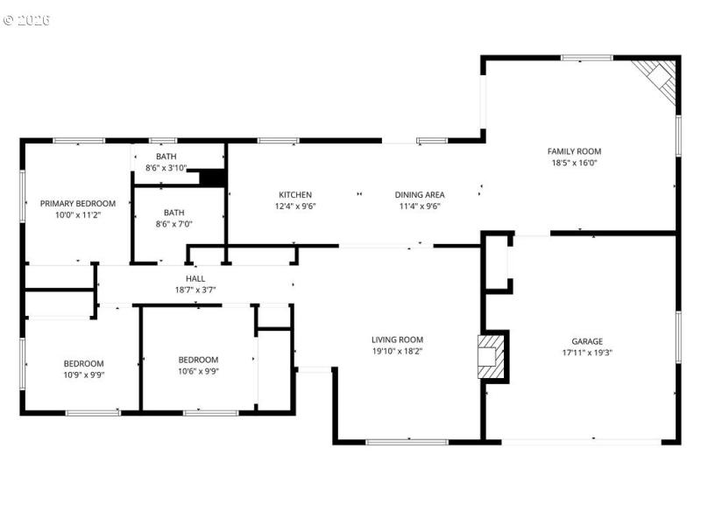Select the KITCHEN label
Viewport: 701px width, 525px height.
click(x=295, y=195)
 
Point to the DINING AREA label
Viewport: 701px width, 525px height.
click(x=420, y=195)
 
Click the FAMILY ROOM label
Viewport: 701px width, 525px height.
click(x=574, y=151)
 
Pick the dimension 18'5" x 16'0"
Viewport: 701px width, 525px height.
click(x=574, y=163)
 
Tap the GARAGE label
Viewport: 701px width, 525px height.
click(x=587, y=342)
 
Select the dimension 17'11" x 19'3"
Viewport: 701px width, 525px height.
click(x=587, y=353)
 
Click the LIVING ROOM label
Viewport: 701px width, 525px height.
click(x=397, y=339)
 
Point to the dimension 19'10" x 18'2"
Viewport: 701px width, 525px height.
click(x=397, y=351)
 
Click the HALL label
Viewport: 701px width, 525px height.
click(x=195, y=278)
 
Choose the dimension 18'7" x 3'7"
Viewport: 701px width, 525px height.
click(x=195, y=290)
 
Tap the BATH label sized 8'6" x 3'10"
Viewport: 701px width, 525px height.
click(x=166, y=157)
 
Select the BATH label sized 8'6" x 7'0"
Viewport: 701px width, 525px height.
click(x=173, y=212)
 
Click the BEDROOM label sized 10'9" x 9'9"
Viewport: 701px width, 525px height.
click(x=83, y=364)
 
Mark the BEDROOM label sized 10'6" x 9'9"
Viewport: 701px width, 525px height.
click(x=198, y=360)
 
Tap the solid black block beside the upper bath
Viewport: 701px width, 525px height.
click(x=212, y=178)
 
